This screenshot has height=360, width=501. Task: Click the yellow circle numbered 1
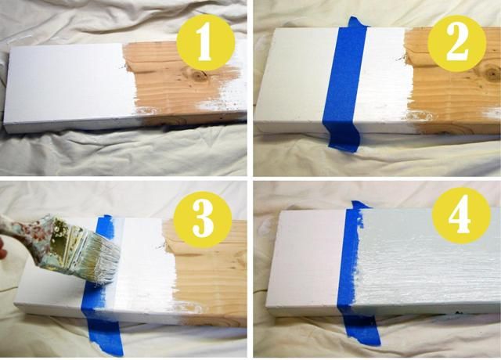(x=206, y=43)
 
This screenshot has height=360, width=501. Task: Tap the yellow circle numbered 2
(x=457, y=42)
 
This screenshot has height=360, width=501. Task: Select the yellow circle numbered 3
(x=203, y=219)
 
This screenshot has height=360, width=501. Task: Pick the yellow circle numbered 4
(x=461, y=216)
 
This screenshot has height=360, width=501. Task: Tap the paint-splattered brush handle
(x=23, y=231)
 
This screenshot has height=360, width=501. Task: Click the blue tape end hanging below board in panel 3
(x=105, y=336)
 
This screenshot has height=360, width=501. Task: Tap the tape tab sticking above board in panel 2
(x=357, y=23)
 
